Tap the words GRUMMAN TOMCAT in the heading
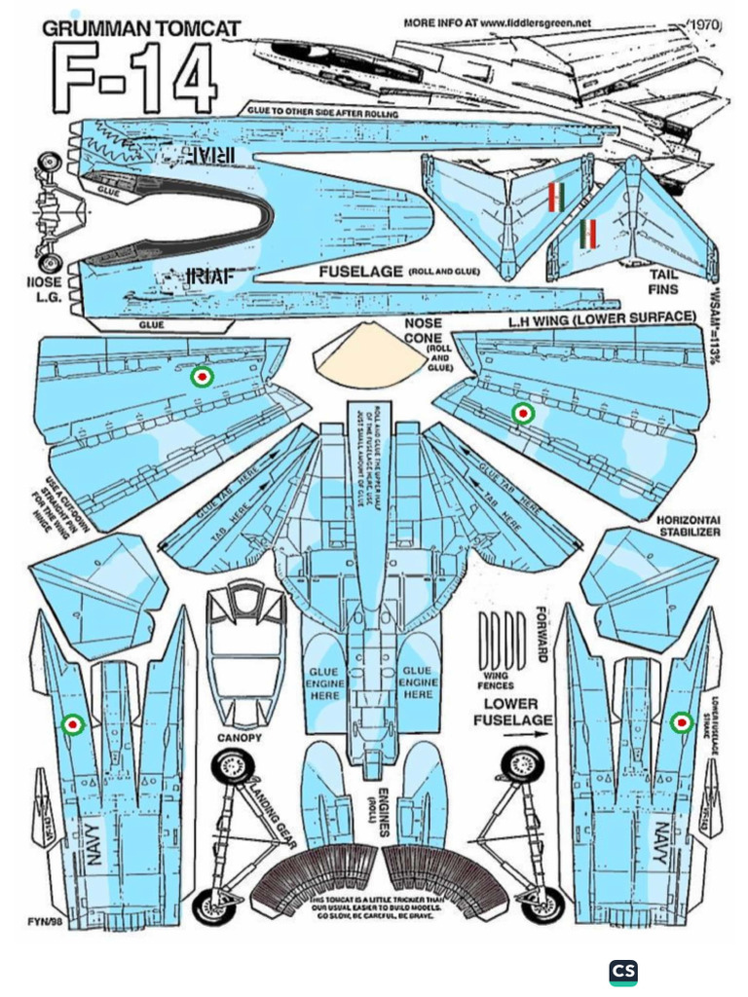[x=141, y=29]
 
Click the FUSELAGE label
[x=360, y=272]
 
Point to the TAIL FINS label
[x=663, y=282]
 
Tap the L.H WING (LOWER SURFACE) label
[x=601, y=317]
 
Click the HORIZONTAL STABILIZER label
[x=689, y=527]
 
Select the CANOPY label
[x=240, y=737]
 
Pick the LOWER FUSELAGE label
[x=512, y=712]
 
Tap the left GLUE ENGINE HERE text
[x=324, y=683]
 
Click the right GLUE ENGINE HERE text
[x=417, y=683]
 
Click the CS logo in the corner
[x=623, y=972]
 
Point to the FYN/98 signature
[x=46, y=919]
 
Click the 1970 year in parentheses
[x=704, y=23]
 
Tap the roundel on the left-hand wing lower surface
[x=523, y=414]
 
